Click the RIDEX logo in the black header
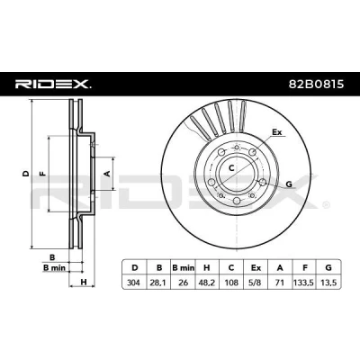click(53, 85)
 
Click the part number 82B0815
click(316, 85)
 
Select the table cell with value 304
click(133, 283)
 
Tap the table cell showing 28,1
click(159, 283)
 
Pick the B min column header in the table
click(183, 267)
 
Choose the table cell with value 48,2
click(207, 283)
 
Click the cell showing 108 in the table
click(231, 283)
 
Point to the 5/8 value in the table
click(256, 283)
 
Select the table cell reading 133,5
click(304, 283)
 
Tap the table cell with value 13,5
click(328, 283)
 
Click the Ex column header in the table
click(256, 267)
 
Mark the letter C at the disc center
click(231, 168)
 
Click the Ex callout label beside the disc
click(277, 132)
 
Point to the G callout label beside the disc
click(289, 184)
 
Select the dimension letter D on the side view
click(26, 174)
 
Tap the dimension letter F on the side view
click(43, 174)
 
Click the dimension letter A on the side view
click(107, 173)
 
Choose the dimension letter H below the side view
click(84, 282)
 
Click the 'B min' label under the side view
click(54, 268)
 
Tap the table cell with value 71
click(280, 283)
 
